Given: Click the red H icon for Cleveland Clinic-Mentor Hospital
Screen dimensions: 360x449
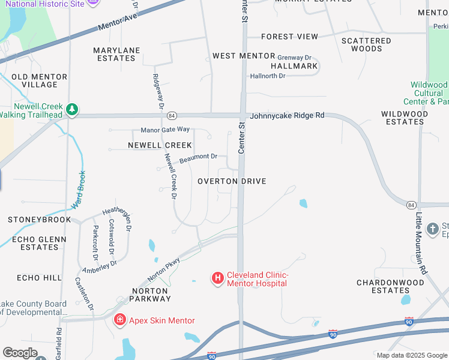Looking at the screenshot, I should tap(217, 278).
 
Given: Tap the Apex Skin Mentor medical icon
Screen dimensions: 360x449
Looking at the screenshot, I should tap(120, 320).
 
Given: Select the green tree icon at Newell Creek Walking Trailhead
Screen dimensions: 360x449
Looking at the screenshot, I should tap(72, 109).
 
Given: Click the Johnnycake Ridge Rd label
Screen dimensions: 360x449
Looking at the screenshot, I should tap(288, 115).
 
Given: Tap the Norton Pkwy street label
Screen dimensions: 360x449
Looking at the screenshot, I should tap(164, 271).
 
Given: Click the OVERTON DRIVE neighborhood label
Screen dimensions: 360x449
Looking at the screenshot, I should tap(232, 181).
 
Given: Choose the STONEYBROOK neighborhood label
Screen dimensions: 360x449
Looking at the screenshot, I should tap(39, 220).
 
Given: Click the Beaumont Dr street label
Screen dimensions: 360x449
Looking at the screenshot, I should tap(198, 158).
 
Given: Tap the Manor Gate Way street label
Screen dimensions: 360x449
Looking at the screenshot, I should tap(165, 130).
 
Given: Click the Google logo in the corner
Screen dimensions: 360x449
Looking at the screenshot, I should tap(20, 353).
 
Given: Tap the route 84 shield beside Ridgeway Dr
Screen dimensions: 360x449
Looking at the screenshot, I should tap(172, 115).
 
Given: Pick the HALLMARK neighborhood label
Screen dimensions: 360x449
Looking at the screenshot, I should tap(294, 66).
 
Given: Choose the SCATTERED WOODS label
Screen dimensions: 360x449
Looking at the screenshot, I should tap(366, 45).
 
